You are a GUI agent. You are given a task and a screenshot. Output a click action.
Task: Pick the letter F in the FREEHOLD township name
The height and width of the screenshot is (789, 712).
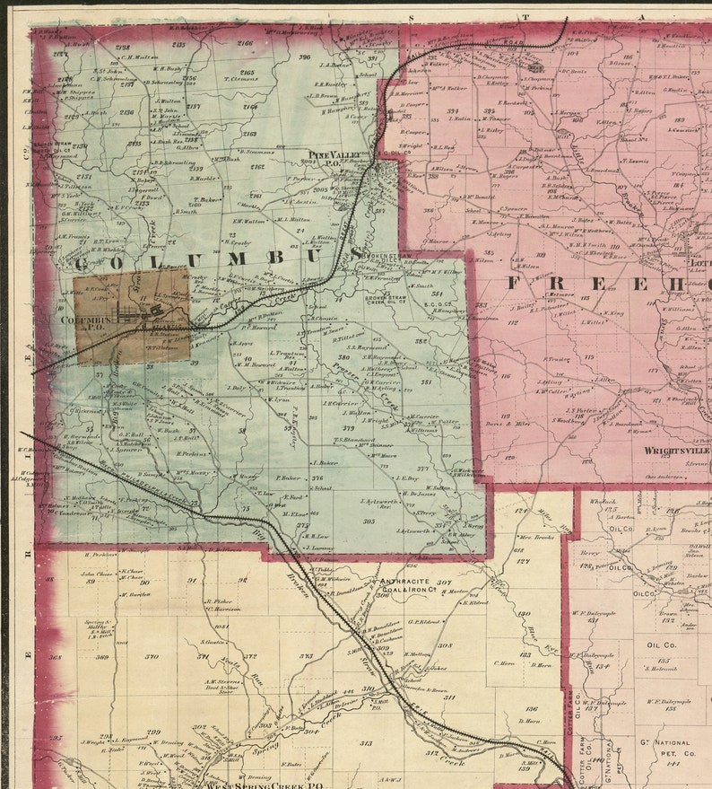(516, 283)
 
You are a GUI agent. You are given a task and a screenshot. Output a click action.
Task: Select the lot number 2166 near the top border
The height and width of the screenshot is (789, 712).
(245, 43)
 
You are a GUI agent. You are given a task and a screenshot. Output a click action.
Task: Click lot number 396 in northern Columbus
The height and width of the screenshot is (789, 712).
(305, 57)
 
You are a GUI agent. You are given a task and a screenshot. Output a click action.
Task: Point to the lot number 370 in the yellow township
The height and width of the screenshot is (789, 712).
(152, 656)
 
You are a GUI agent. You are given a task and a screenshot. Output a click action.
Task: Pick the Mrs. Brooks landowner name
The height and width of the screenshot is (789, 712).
(535, 537)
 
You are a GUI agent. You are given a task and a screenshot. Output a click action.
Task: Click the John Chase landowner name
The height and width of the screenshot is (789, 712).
(99, 574)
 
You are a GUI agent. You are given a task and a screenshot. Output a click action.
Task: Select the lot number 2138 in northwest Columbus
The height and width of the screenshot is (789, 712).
(123, 47)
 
